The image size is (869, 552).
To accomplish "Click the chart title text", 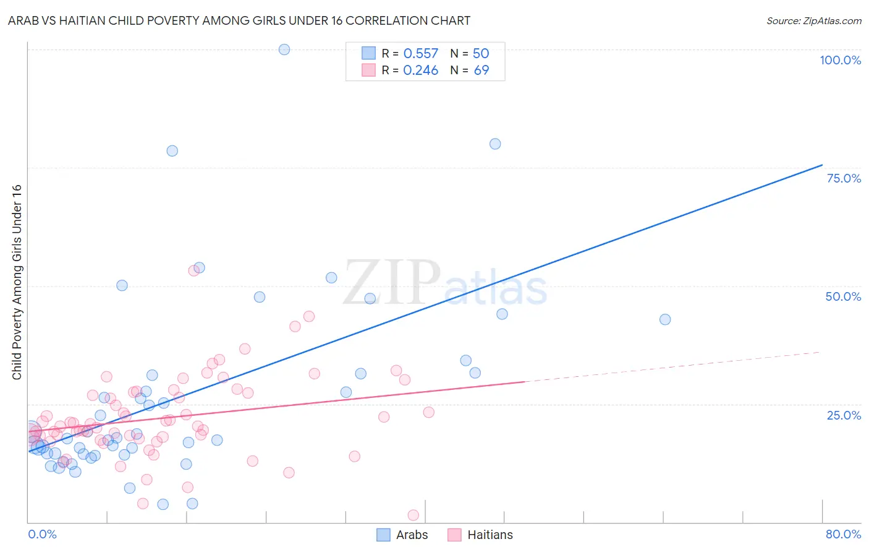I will click(239, 20).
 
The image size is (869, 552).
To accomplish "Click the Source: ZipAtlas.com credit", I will click(813, 20).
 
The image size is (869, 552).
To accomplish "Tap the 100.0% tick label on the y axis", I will click(840, 60).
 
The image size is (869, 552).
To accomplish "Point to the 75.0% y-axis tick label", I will click(844, 178).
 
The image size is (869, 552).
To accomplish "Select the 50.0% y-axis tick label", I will click(843, 296).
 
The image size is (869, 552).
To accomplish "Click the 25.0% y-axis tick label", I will click(844, 415).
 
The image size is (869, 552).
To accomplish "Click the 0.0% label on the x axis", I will click(42, 534).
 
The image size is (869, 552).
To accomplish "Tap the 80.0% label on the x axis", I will click(843, 534).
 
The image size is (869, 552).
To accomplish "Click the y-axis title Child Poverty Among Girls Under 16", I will click(17, 282).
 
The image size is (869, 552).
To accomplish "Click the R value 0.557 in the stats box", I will click(420, 54).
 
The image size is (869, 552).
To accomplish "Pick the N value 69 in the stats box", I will click(481, 71).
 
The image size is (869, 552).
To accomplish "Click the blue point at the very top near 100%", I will click(284, 50).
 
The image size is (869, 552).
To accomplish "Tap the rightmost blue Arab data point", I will click(665, 319).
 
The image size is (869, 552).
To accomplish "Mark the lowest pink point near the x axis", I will click(413, 515).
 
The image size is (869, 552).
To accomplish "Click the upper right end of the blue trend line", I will click(821, 165).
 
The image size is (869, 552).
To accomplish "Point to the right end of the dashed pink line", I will click(820, 352).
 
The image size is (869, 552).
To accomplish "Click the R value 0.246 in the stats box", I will click(420, 71).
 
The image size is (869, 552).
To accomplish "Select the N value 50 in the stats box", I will click(481, 54).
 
